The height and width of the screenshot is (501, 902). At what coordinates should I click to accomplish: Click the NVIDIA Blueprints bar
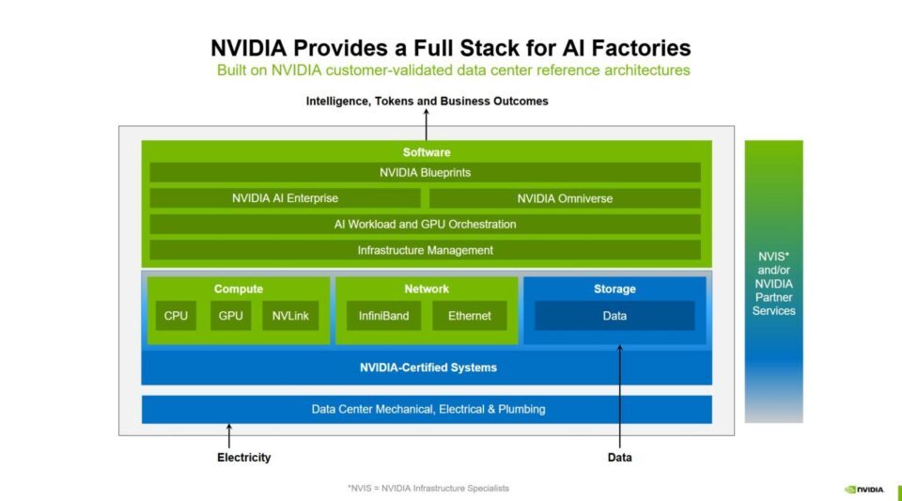coord(425,173)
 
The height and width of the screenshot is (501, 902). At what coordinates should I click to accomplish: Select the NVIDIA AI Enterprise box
coord(285,198)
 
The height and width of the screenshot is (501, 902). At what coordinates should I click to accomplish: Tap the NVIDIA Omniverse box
coord(564,198)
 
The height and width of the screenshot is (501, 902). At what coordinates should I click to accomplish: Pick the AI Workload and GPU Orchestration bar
coord(425,224)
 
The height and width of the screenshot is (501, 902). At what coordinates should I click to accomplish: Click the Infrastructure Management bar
coord(425,250)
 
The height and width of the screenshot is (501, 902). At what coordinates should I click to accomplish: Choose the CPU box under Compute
coord(176,316)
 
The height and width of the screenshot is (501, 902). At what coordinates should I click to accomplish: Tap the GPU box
coord(230,316)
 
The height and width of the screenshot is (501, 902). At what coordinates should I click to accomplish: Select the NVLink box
coord(291,316)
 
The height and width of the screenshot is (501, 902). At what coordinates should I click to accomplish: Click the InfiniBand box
coord(383,316)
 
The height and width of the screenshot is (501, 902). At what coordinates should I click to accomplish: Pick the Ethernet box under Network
coord(469,316)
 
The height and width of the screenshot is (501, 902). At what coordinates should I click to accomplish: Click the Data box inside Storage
coord(614,316)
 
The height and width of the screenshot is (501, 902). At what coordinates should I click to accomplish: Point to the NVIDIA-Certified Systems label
coord(428,368)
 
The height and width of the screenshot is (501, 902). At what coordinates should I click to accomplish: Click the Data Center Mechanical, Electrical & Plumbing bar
coord(428,409)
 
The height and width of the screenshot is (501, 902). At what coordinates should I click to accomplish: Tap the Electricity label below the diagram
coord(243,458)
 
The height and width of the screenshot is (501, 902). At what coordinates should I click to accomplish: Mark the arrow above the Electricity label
coord(229,436)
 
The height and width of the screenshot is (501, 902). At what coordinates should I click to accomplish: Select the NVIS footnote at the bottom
coord(428,488)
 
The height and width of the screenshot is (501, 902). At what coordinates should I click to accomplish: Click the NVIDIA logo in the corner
coord(864,489)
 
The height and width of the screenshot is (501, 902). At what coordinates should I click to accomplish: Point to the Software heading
coord(427,152)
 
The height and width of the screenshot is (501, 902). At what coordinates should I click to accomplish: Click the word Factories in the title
coord(643,48)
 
